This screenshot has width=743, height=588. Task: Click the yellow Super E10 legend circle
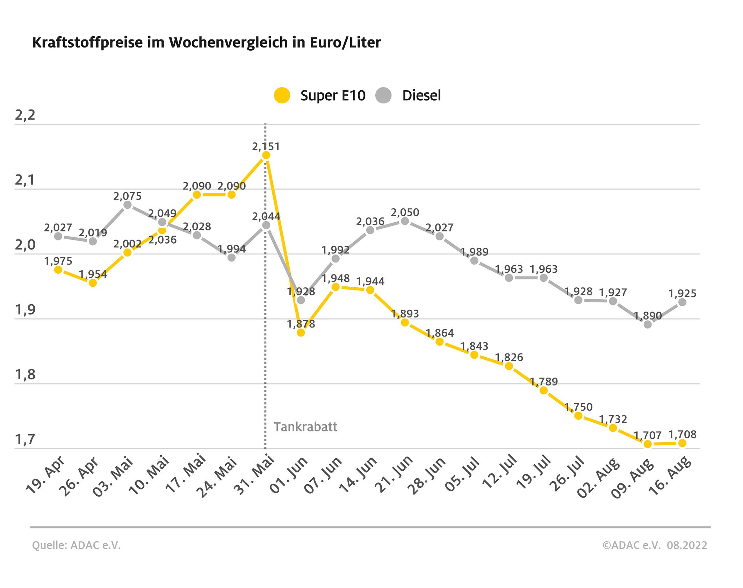[282, 95]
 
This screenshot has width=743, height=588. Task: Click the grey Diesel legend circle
[383, 95]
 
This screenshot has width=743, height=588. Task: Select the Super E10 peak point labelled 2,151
[266, 155]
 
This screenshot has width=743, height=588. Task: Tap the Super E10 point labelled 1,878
[301, 332]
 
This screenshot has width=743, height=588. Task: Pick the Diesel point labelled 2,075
[128, 205]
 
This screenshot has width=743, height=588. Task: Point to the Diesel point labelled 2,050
[405, 221]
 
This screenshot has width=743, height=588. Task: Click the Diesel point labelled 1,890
[648, 324]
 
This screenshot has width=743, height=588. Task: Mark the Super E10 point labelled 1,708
[682, 443]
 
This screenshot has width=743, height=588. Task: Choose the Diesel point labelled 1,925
[682, 302]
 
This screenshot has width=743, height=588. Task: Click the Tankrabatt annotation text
[305, 427]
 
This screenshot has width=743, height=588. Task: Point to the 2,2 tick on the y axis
[25, 115]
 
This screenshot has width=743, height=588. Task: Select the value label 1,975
[58, 261]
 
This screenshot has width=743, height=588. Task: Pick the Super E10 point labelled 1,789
[543, 390]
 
